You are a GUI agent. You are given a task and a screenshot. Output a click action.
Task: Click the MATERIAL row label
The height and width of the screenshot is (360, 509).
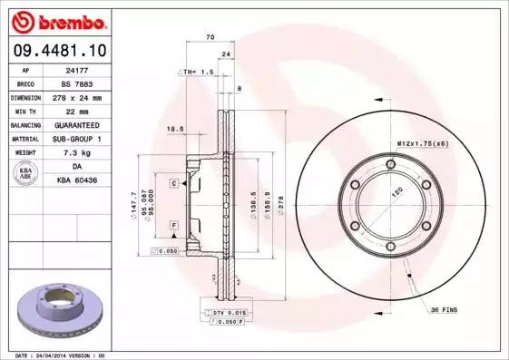tap(24, 139)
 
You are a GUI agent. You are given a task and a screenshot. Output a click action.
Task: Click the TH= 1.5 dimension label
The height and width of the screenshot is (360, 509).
tap(197, 71)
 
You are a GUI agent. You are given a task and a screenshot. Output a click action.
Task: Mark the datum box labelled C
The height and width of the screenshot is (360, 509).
tap(173, 184)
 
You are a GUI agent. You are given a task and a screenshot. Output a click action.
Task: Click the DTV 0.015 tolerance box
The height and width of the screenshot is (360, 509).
tap(220, 312)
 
